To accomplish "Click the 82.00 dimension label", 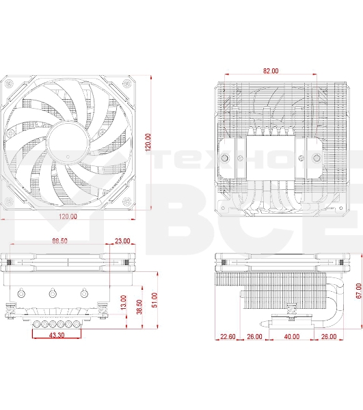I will point(271,71).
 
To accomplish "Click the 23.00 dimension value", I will point(123,241).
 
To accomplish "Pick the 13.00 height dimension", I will point(123,302).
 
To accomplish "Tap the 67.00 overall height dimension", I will point(358,290).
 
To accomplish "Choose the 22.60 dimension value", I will point(228,336).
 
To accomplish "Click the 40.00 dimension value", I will point(291,336).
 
